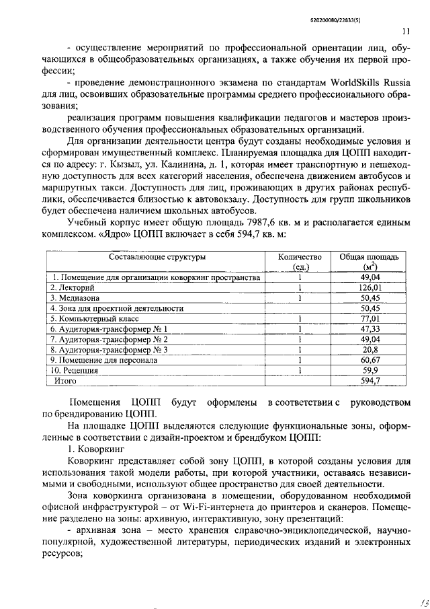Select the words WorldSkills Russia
[x=370, y=83]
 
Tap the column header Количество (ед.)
[x=300, y=261]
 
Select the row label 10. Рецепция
[x=75, y=370]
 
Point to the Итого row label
[x=65, y=381]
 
